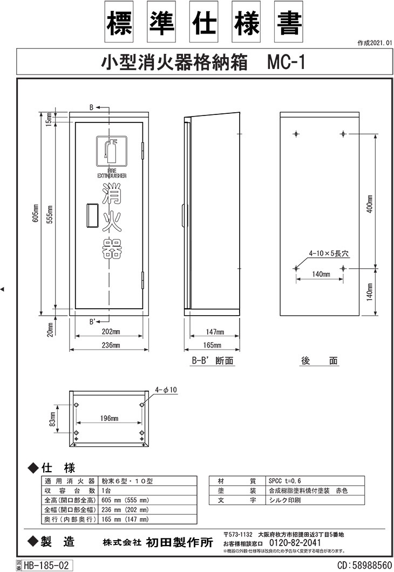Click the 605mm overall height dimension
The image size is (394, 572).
pos(36,213)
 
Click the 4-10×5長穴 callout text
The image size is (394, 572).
pos(329,253)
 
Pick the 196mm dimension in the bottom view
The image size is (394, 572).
pos(109,418)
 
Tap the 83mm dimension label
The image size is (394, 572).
pos(52,419)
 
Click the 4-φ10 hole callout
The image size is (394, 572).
pos(166,390)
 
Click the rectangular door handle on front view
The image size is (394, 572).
pos(92,215)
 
